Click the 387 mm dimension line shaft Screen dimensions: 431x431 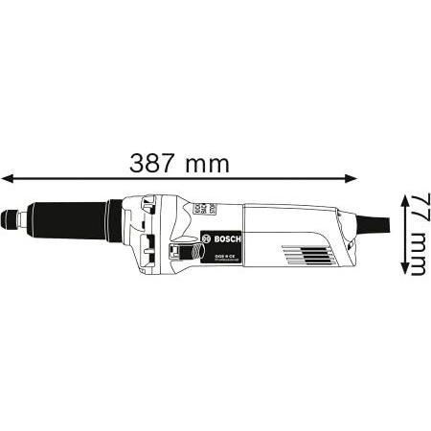[96, 177]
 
